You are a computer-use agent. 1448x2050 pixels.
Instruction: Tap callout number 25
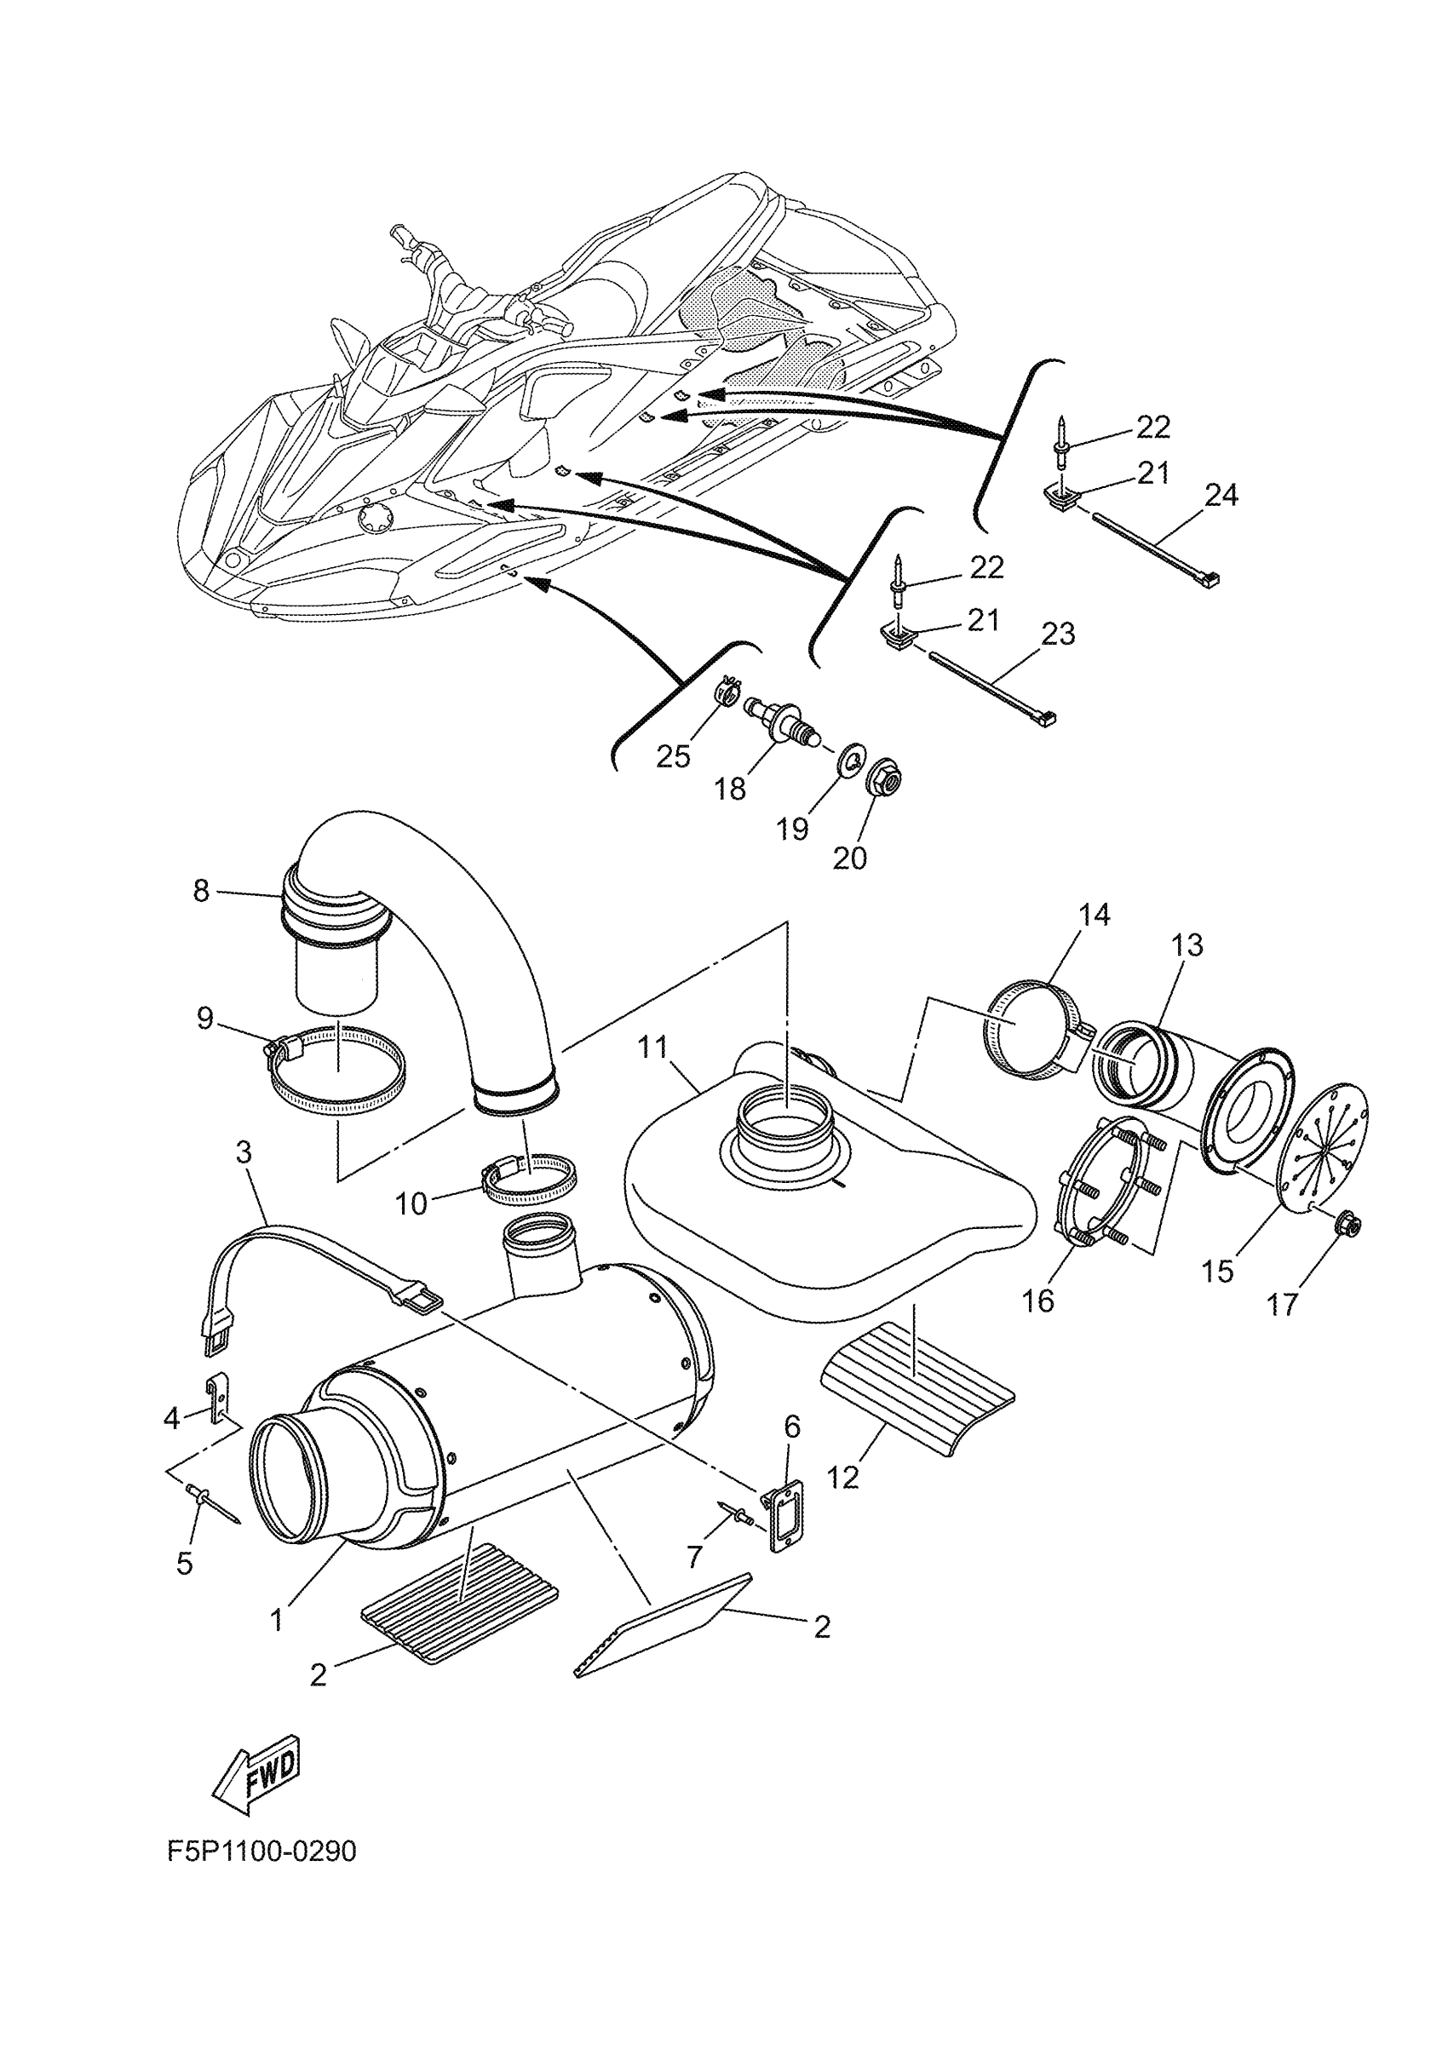pos(673,756)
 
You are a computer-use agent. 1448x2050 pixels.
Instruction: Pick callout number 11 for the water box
pos(652,1047)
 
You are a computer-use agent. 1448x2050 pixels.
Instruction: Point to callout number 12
pos(842,1478)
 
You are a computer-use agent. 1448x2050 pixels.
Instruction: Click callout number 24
pos(1221,495)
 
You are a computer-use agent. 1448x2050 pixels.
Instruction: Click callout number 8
pos(202,890)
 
